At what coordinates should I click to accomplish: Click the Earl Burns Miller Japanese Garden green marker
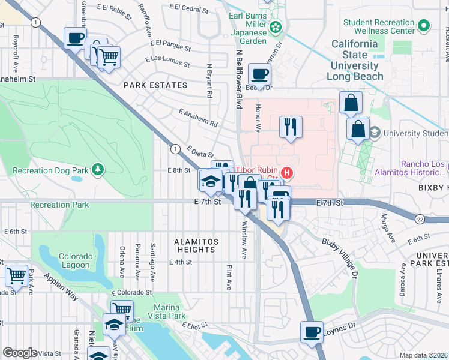276,26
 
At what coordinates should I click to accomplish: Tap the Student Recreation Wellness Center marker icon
424,26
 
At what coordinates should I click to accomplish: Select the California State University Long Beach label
355,60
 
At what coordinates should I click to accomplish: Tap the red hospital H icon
287,174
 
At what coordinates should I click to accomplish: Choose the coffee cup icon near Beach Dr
259,74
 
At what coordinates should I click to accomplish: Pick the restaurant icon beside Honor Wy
291,126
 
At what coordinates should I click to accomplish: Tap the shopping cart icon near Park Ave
17,275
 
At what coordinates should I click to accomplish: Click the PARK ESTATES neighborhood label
152,86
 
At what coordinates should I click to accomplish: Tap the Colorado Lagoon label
76,260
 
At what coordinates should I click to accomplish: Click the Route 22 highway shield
420,220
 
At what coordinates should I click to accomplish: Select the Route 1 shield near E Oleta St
175,148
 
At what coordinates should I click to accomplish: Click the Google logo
20,353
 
